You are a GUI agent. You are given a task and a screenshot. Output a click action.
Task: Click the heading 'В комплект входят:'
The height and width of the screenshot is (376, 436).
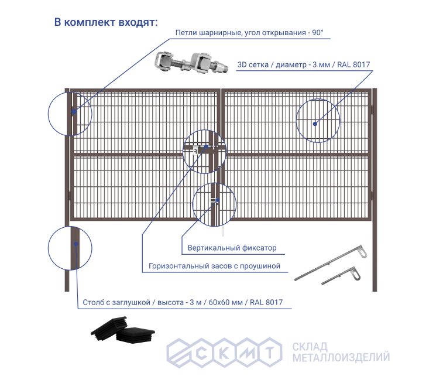106,22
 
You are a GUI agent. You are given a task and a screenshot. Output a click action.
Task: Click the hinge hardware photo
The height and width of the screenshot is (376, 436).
191,63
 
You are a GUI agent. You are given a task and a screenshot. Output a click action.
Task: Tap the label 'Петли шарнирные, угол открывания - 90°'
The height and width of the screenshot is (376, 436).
249,33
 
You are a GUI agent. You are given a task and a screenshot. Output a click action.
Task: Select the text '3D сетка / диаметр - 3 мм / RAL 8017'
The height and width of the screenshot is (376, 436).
304,64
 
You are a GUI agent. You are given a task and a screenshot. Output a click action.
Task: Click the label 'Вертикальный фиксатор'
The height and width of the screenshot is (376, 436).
232,248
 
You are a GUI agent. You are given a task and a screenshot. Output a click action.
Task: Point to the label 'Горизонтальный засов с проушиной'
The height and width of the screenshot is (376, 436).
214,266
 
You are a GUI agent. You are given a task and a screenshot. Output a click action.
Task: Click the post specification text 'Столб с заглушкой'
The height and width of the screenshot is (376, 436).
116,302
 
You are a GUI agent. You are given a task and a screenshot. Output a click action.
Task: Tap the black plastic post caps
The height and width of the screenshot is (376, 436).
123,330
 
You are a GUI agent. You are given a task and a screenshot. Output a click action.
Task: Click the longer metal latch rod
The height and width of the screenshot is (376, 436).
331,263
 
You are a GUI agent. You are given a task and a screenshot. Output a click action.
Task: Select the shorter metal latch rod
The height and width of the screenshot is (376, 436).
341,276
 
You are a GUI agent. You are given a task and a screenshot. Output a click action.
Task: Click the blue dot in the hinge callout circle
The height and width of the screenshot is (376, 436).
74,112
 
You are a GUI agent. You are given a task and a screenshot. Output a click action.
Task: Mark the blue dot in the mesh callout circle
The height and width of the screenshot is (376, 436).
315,124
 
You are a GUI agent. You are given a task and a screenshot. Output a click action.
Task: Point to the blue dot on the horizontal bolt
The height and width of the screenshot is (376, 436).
207,146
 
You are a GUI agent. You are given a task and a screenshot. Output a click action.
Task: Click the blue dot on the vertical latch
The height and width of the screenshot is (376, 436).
218,200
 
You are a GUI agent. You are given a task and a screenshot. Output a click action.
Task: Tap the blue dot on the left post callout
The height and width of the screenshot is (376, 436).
76,244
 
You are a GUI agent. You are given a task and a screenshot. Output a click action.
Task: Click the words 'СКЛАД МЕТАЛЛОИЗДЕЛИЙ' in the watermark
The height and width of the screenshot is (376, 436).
341,352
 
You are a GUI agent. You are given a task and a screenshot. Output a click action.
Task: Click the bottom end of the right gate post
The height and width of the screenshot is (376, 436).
375,291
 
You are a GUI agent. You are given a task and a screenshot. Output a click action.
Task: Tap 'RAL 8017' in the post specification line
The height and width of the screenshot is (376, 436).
266,302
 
